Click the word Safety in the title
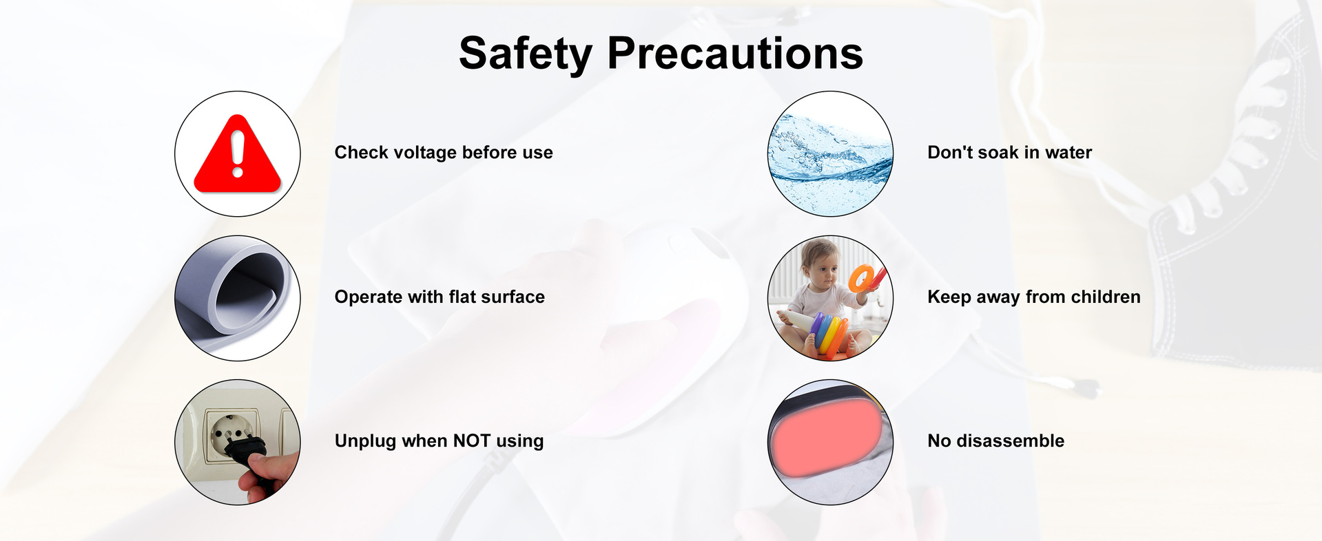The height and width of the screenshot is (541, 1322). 525,54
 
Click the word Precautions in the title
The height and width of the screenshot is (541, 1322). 735,53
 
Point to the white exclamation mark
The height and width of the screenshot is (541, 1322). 238,154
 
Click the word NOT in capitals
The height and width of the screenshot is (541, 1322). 472,441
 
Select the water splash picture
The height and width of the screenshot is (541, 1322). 830,154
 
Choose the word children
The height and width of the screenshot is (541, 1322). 1106,297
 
